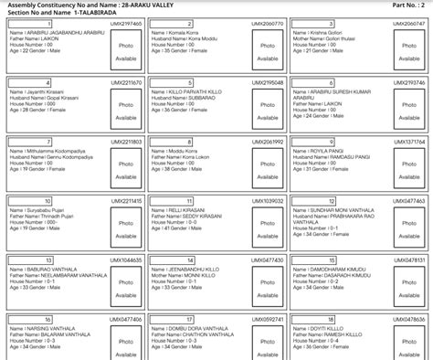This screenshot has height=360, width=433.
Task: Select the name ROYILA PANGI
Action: pos(326,151)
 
